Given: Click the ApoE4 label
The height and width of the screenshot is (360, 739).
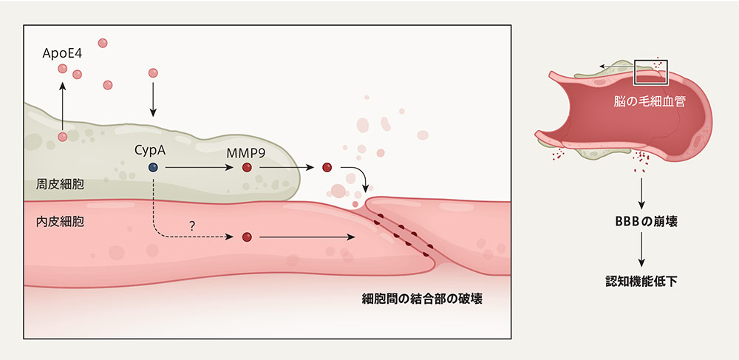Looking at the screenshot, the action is (62, 53).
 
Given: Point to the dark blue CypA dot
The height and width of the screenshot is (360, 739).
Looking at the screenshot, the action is (153, 167).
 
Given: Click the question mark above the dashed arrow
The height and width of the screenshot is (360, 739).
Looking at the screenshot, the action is (192, 225).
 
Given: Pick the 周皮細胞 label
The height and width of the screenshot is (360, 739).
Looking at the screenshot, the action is (60, 184).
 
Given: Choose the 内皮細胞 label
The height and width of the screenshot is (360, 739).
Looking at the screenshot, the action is (60, 222).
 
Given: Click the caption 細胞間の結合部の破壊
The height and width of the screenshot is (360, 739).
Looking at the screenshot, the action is (422, 299).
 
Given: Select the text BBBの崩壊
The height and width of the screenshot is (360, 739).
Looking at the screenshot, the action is (641, 223).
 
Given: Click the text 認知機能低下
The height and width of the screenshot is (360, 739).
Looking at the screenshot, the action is (641, 282).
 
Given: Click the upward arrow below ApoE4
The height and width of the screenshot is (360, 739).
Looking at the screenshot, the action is (62, 105).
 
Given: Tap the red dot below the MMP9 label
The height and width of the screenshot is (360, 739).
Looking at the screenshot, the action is (247, 167).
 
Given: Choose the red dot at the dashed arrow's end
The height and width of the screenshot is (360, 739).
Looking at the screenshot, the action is (247, 237).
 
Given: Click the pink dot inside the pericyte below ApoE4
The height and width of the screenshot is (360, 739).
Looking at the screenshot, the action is (62, 137).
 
